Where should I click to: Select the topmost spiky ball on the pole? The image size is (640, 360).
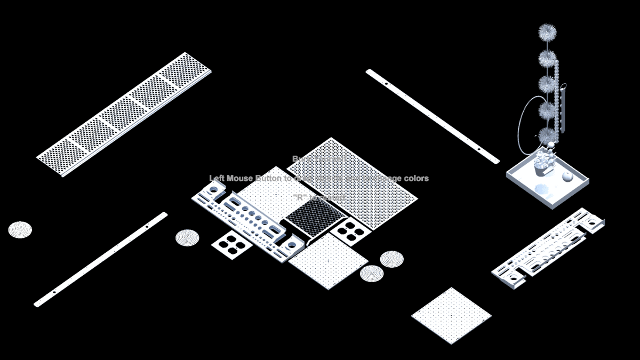547,33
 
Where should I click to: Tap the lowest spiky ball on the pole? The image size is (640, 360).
547,135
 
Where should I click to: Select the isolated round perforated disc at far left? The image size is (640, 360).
20,230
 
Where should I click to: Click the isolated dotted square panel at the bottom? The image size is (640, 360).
451,316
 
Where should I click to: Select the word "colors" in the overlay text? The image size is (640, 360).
416,178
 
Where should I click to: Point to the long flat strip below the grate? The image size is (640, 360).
101,259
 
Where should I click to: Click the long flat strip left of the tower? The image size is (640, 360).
432,116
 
